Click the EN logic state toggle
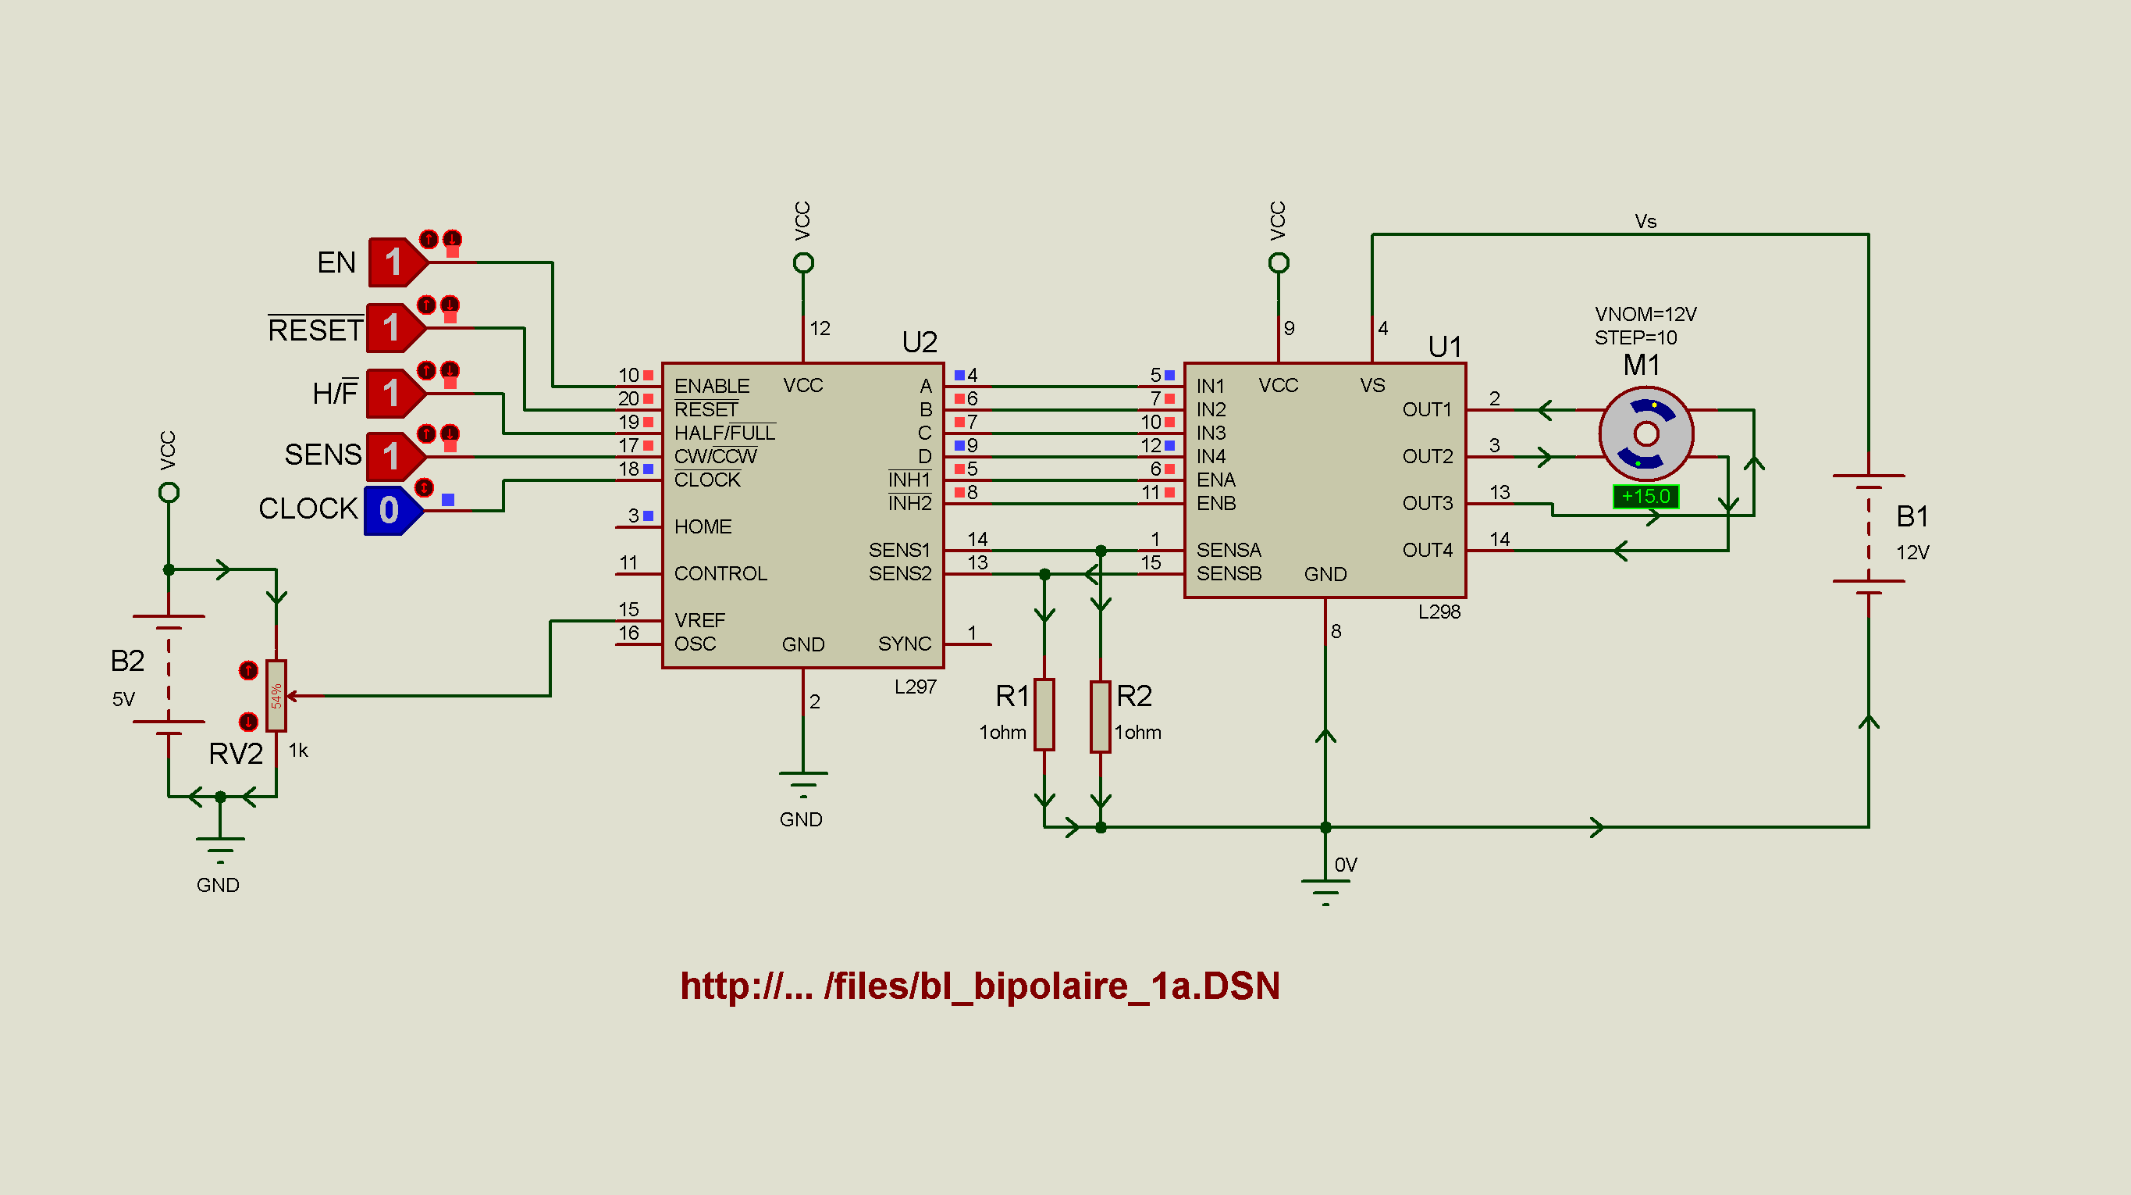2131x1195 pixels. point(398,262)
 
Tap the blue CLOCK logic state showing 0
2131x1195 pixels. point(393,511)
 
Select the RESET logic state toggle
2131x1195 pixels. point(397,328)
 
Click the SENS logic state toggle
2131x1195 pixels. point(396,456)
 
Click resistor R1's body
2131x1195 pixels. point(1045,714)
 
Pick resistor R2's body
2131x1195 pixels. point(1101,716)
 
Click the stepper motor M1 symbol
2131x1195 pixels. point(1646,433)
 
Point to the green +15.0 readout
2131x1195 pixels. point(1645,497)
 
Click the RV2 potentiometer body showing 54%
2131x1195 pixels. point(276,696)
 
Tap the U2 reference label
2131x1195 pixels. point(919,342)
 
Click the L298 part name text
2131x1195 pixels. point(1439,612)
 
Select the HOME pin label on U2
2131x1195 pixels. point(703,526)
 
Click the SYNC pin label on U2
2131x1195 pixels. point(905,644)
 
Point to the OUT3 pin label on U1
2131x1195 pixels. point(1428,503)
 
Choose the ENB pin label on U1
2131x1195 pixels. point(1216,503)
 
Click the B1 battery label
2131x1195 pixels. point(1912,516)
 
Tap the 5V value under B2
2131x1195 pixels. point(123,699)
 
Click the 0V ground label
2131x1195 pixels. point(1346,865)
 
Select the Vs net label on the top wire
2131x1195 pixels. point(1645,221)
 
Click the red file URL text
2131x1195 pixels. point(980,986)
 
